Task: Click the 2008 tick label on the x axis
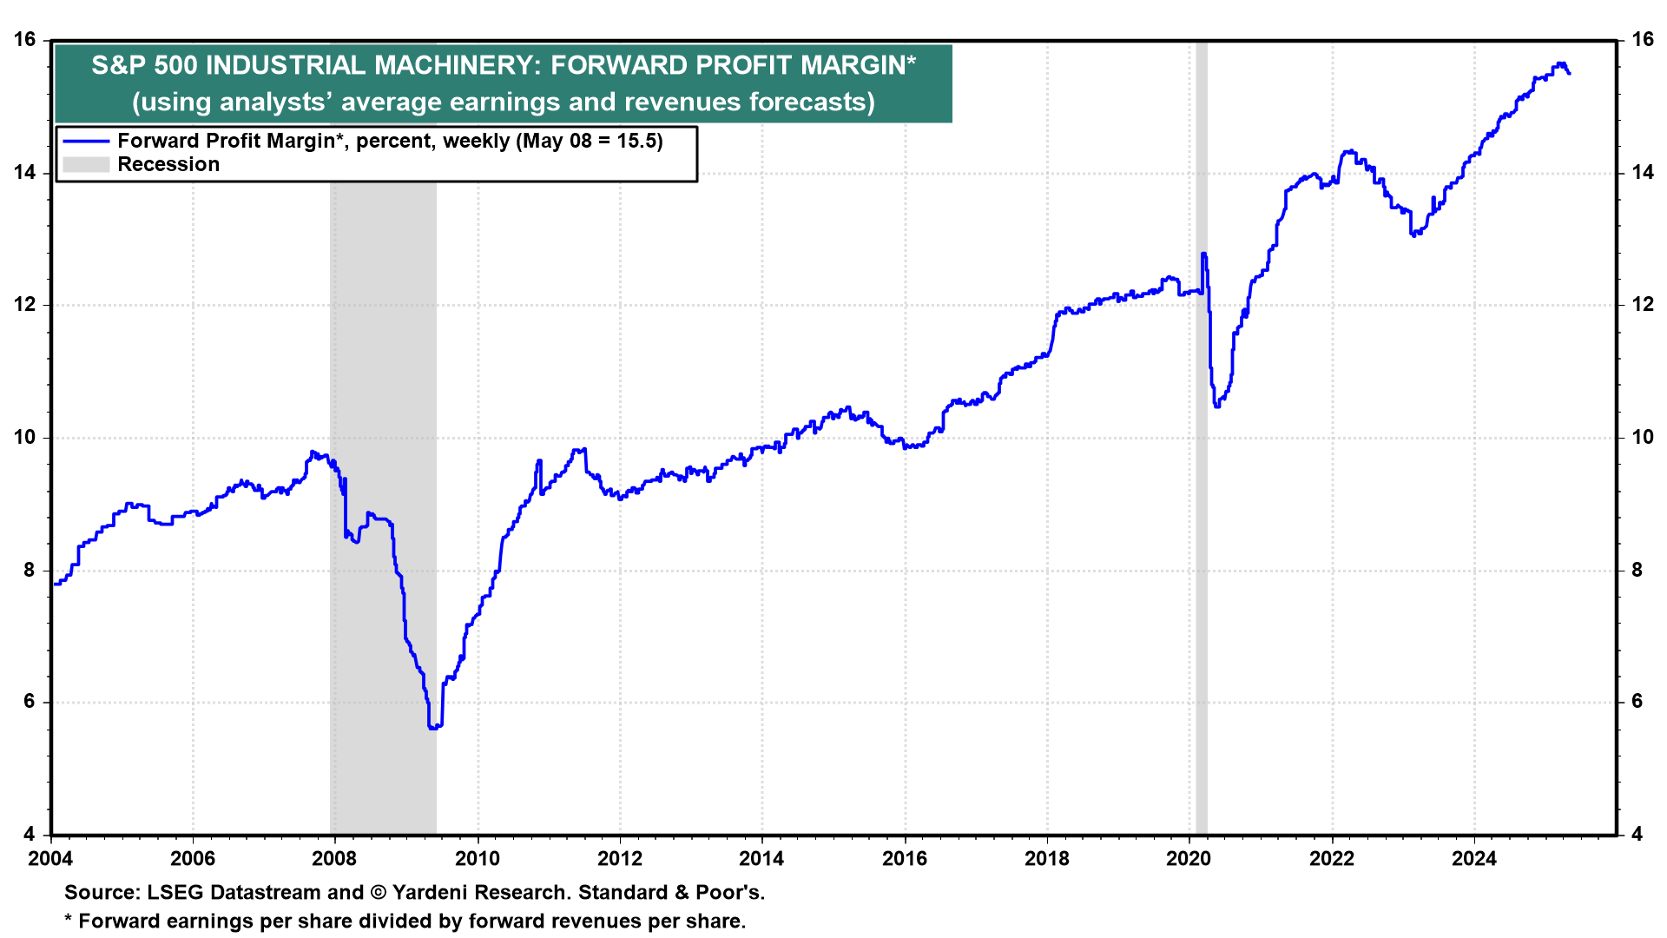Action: coord(334,859)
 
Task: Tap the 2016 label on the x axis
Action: coord(905,859)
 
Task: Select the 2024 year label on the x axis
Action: coord(1474,859)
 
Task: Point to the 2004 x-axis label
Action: coord(50,859)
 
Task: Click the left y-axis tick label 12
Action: coord(25,305)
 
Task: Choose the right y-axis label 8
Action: coord(1637,571)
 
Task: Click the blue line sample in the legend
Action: coord(86,142)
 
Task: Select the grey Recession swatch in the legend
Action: coord(86,165)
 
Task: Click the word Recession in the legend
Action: coord(168,165)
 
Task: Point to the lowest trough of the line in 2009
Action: coord(433,728)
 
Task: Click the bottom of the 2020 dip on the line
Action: coord(1217,406)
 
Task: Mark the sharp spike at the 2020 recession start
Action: coord(1203,254)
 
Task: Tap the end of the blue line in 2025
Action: coord(1569,74)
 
